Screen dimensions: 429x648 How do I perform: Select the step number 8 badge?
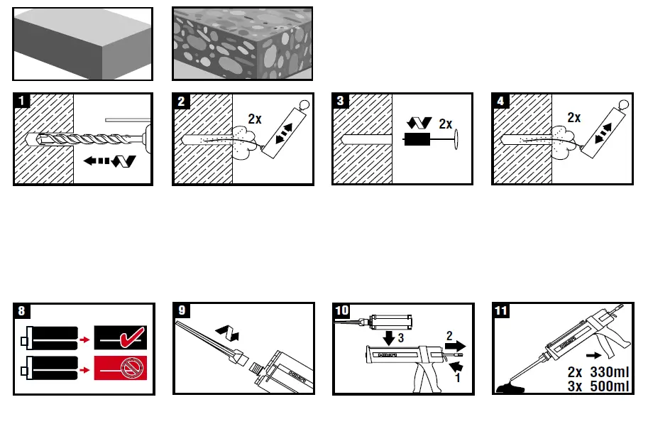tap(23, 311)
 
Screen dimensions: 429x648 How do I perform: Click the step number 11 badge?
tap(503, 311)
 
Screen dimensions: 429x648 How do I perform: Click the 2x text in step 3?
tap(445, 123)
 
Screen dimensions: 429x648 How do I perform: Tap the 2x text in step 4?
tap(573, 118)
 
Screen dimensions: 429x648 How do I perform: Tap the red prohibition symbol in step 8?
tap(130, 368)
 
